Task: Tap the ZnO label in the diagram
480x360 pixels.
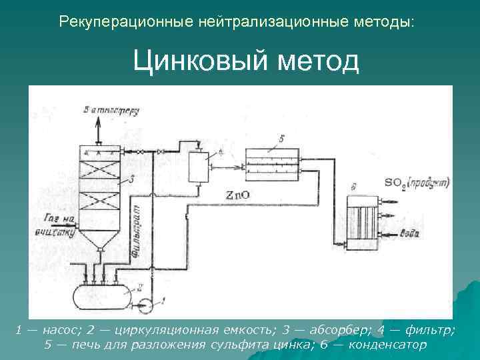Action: [239, 195]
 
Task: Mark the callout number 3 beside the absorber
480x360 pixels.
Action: [132, 179]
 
